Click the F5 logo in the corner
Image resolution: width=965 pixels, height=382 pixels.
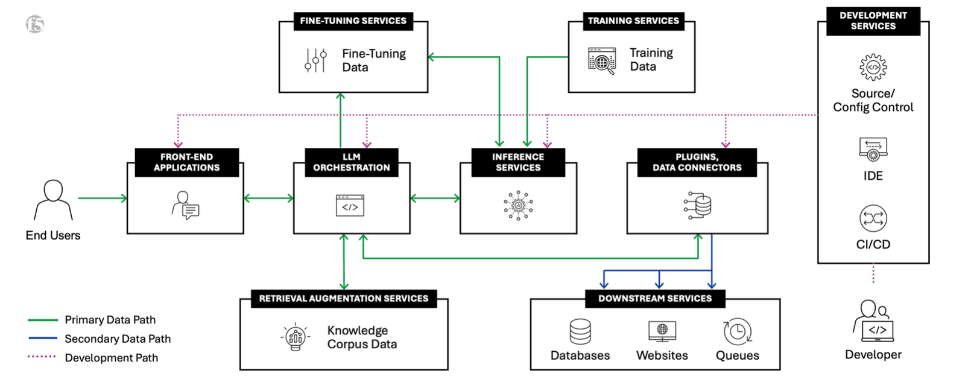[x=35, y=24]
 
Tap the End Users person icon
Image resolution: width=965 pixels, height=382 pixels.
[x=53, y=200]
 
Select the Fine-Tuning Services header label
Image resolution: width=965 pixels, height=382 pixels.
[x=353, y=21]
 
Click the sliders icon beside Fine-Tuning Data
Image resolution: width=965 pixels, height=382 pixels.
[x=315, y=60]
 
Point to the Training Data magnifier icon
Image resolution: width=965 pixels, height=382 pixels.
[x=602, y=61]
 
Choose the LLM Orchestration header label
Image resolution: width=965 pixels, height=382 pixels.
[x=352, y=162]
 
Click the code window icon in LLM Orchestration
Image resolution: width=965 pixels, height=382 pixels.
[x=350, y=206]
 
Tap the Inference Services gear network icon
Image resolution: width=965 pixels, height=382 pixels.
[x=518, y=206]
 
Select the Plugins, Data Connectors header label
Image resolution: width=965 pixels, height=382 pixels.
[x=697, y=162]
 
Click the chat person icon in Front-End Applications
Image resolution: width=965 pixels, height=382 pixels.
[x=185, y=206]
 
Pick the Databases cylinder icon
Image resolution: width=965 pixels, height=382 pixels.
[x=580, y=331]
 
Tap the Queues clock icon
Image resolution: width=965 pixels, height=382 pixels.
[x=737, y=331]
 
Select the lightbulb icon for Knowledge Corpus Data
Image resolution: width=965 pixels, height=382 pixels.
[x=296, y=338]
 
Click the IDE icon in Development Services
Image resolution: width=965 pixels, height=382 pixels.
[x=873, y=149]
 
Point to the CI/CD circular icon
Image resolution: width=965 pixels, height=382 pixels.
[x=873, y=218]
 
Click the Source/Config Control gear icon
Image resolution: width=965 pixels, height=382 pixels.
[x=873, y=67]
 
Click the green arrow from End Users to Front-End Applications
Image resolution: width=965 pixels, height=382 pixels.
[x=102, y=198]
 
